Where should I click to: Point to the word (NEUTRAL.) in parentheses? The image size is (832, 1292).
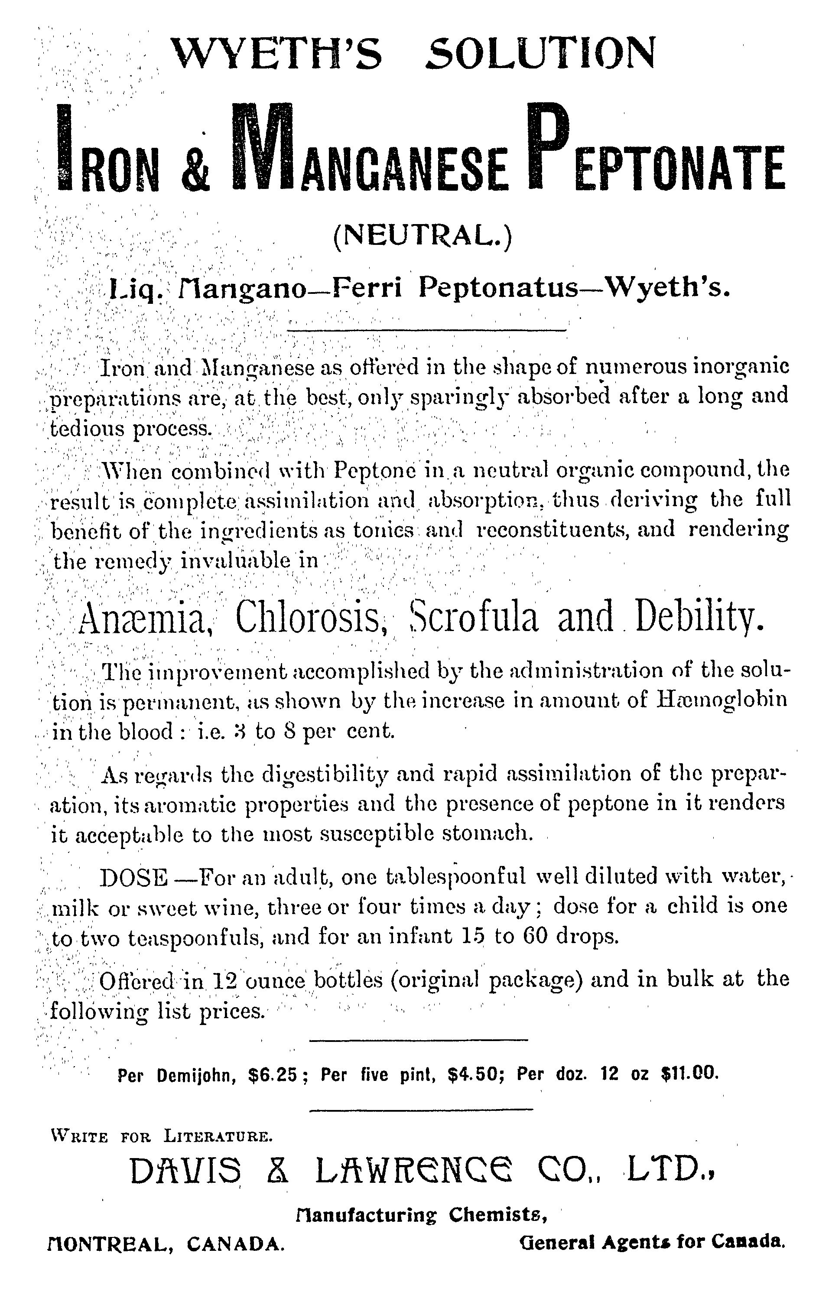point(421,237)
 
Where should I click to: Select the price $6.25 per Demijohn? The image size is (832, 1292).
point(273,1073)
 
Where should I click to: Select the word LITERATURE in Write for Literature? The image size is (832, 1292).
point(218,1136)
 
